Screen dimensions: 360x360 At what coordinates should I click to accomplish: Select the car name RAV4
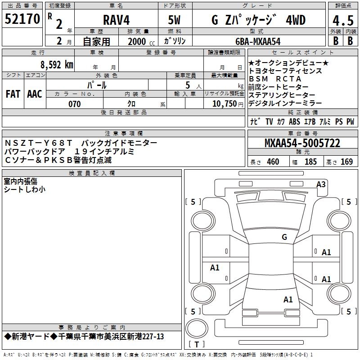[116, 21]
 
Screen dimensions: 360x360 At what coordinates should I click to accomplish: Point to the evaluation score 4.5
[342, 21]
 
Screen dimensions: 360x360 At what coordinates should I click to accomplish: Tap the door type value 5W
[175, 21]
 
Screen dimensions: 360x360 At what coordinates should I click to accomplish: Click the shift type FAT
[13, 94]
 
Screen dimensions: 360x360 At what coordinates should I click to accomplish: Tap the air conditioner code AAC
[35, 94]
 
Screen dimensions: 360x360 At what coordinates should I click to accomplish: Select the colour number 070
[74, 104]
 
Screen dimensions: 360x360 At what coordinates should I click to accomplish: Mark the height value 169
[347, 162]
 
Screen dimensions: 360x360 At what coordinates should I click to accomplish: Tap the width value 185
[310, 162]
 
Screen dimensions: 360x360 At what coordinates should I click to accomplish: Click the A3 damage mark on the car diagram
[321, 184]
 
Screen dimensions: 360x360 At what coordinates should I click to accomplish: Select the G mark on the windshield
[284, 237]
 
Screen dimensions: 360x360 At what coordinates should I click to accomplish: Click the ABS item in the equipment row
[294, 121]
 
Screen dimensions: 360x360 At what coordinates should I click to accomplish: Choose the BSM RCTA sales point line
[274, 79]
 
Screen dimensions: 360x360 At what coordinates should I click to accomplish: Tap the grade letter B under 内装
[350, 40]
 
